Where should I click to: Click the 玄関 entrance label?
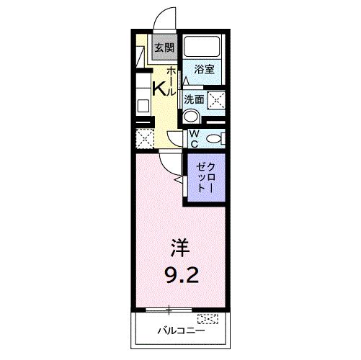point(164,48)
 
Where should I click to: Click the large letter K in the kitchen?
point(159,89)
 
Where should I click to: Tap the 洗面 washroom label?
point(194,100)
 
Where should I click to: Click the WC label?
point(195,137)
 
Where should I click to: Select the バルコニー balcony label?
point(181,332)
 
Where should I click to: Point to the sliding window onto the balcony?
point(169,310)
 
